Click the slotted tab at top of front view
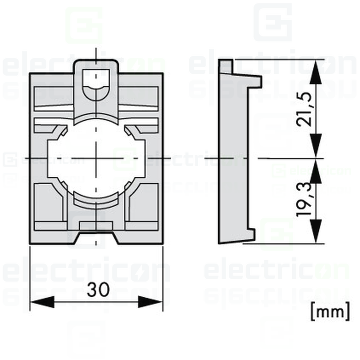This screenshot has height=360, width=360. [96, 77]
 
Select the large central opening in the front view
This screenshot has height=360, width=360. [96, 157]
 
